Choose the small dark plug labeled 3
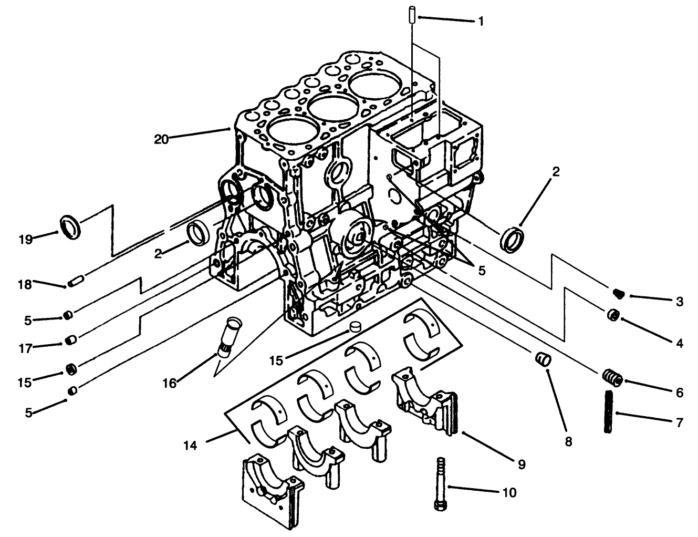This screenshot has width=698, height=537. click(618, 293)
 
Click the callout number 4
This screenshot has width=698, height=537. click(680, 344)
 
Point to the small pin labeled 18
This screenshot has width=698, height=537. click(76, 281)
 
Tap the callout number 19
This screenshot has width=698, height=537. click(25, 240)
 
